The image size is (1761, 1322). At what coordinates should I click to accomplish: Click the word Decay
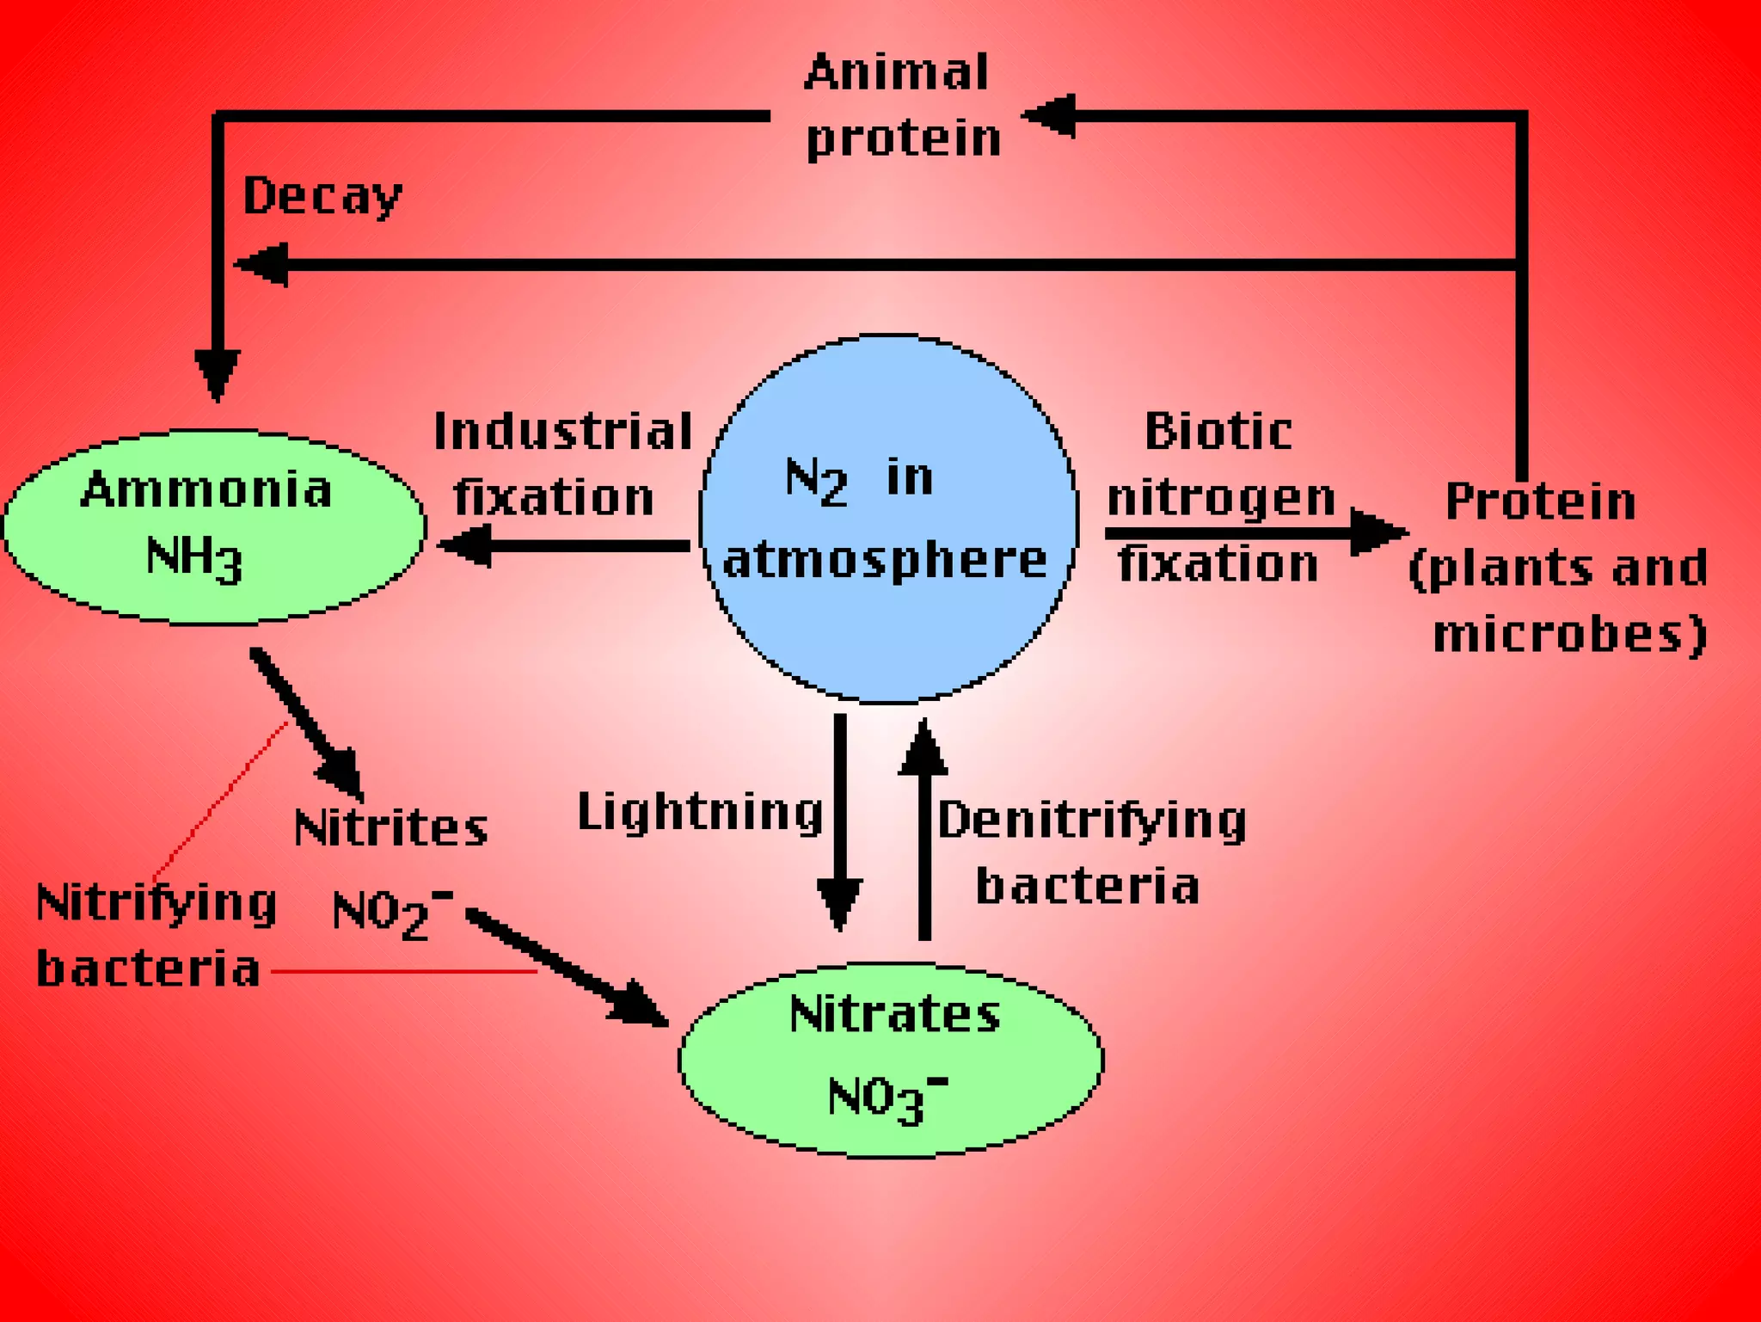tap(322, 196)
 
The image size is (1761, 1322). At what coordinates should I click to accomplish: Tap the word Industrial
tap(563, 431)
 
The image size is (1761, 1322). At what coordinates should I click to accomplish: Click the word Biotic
tap(1218, 431)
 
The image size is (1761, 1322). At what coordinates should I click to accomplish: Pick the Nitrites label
tap(391, 827)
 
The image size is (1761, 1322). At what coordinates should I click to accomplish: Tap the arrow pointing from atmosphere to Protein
tap(1255, 533)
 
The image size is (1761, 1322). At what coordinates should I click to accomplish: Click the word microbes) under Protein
tap(1569, 635)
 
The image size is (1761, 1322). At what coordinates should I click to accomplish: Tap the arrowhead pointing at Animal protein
tap(1049, 115)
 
